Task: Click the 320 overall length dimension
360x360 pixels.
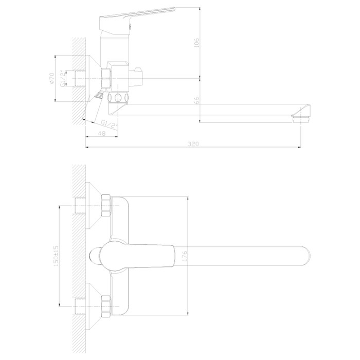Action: (x=193, y=144)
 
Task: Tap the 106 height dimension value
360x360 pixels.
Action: (x=197, y=43)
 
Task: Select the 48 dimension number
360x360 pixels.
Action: (x=102, y=133)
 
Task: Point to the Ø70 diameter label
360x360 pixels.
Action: (x=51, y=78)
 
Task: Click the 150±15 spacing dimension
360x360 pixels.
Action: (x=56, y=256)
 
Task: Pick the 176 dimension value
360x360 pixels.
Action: (x=185, y=256)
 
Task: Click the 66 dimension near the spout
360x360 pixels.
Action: (x=197, y=100)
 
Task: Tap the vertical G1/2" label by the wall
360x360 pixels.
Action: (x=63, y=79)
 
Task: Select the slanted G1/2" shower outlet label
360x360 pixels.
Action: (x=109, y=124)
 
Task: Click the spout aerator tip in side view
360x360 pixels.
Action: (x=301, y=119)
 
